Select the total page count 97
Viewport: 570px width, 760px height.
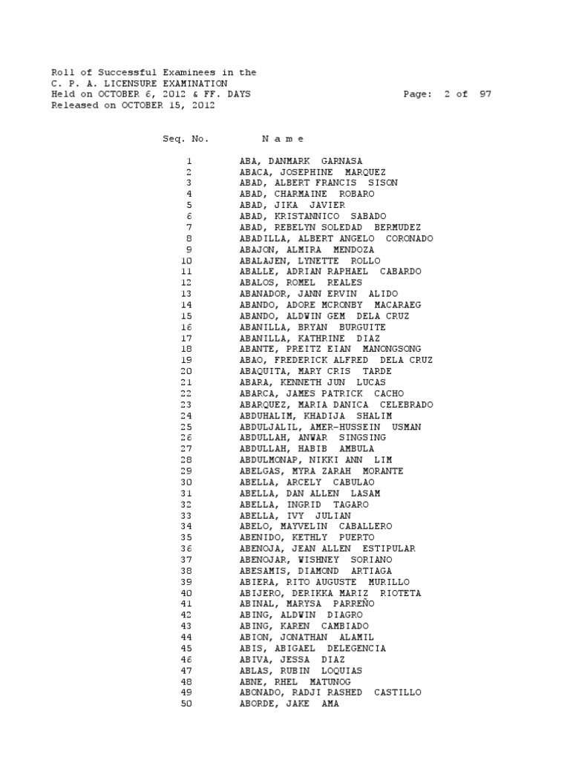[x=485, y=95]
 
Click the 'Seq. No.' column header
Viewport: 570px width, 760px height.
[x=186, y=139]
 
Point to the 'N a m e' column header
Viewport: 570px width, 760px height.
[x=283, y=139]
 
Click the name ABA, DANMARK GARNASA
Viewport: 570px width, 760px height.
[x=301, y=161]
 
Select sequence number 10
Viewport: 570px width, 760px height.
[x=186, y=261]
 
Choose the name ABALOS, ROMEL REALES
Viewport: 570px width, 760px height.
[x=301, y=283]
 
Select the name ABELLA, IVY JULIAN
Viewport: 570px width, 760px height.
[x=295, y=515]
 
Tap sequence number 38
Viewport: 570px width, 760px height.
[x=186, y=571]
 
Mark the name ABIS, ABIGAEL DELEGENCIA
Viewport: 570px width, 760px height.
[x=312, y=648]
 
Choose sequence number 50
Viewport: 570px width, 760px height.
[x=186, y=704]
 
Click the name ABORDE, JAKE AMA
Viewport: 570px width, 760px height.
[x=289, y=704]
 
